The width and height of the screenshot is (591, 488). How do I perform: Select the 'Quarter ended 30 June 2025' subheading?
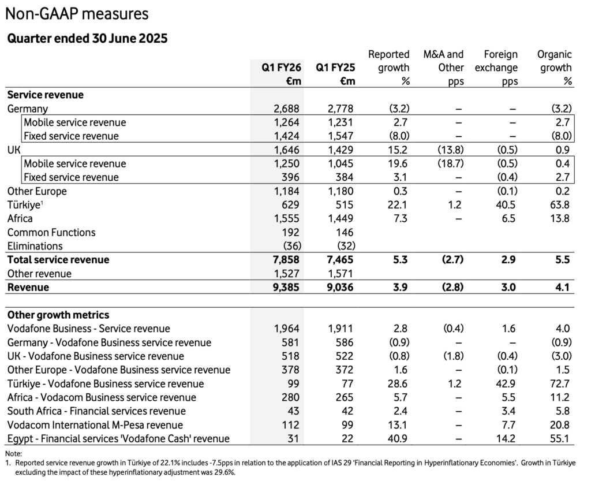[87, 39]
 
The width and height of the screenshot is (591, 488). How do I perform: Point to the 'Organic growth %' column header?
[554, 68]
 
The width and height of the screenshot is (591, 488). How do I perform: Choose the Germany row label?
[27, 109]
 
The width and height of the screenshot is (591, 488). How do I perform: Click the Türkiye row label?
[25, 205]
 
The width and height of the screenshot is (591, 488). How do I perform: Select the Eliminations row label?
[35, 246]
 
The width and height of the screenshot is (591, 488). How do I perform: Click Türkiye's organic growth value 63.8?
[560, 205]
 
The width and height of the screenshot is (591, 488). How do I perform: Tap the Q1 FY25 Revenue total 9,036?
[341, 287]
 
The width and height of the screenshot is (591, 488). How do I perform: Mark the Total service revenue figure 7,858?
[286, 260]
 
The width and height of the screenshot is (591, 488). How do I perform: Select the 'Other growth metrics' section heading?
[58, 315]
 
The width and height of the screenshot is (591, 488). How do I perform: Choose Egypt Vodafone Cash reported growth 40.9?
[399, 439]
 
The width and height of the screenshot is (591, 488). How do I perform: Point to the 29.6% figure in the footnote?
[226, 472]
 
